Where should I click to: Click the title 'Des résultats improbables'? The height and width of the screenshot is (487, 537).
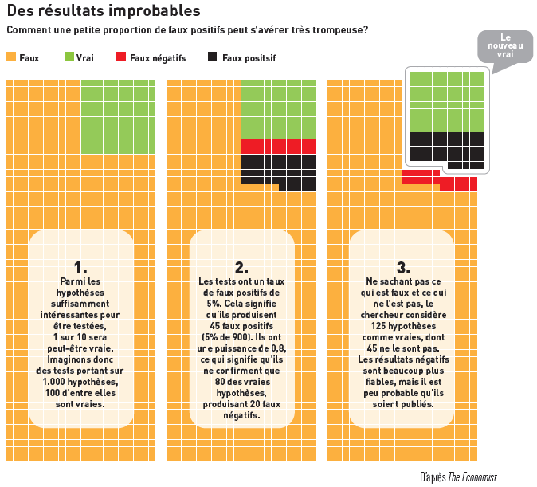104,10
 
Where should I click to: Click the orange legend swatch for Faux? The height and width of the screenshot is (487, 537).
11,57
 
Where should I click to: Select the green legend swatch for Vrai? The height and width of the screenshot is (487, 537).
69,57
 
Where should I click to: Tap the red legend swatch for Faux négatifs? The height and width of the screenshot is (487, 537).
121,57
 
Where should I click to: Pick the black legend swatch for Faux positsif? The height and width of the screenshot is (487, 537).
213,57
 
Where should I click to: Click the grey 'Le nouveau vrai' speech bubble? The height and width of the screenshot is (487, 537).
505,46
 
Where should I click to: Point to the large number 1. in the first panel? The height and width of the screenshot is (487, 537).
80,268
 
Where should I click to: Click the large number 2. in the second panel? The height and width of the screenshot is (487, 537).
241,268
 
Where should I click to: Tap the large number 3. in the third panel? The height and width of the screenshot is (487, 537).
403,268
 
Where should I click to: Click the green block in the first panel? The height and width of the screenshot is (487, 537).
118,116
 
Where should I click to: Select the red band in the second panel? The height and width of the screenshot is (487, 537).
279,147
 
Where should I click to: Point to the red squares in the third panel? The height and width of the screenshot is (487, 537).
440,180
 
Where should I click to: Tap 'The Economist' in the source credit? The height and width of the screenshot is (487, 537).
472,477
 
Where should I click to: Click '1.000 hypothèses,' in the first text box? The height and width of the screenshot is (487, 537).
80,382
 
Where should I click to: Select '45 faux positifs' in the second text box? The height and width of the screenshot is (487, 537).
241,326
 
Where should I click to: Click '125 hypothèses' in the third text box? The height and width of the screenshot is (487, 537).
403,326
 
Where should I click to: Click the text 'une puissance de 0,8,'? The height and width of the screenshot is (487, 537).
241,348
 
